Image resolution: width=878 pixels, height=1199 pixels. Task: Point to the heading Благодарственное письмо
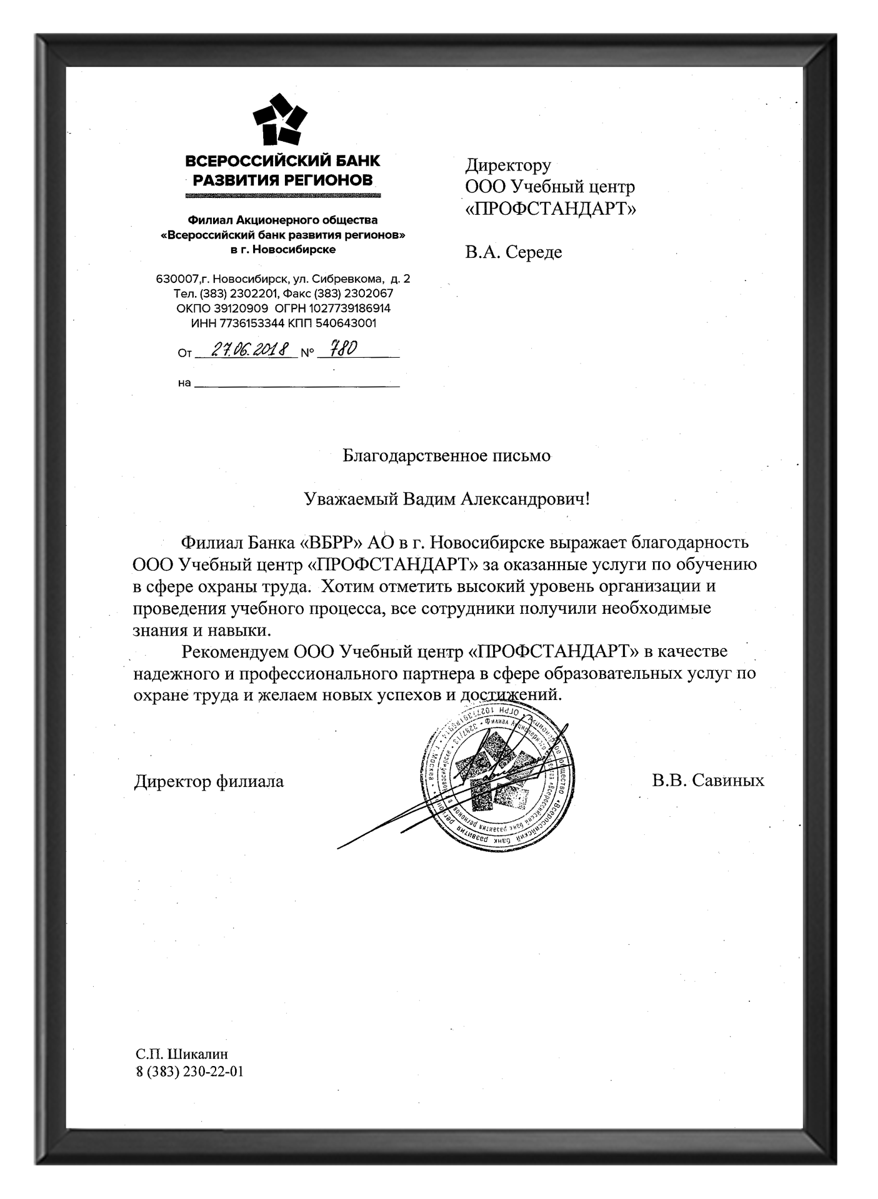point(446,456)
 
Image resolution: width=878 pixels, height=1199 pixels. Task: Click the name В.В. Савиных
point(707,781)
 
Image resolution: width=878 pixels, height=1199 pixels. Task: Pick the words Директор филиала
point(209,781)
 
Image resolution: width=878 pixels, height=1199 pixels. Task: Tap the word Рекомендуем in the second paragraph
point(235,651)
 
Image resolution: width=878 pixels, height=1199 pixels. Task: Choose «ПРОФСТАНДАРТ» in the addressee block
point(551,209)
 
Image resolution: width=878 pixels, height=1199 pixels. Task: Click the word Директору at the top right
point(508,165)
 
